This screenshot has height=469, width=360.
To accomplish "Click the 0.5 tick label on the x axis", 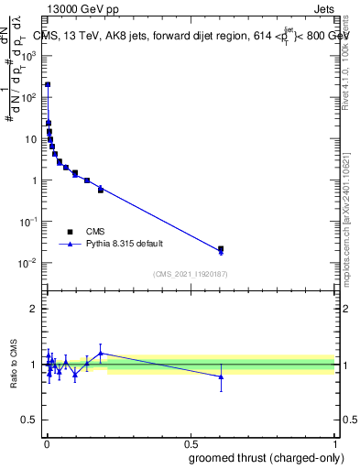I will [190, 443].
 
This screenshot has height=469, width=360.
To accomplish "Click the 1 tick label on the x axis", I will [334, 443].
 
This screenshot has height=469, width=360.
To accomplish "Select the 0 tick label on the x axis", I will [47, 443].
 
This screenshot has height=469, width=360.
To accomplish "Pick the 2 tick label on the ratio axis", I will [34, 309].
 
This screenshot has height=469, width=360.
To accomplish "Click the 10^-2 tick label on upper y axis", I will [27, 263].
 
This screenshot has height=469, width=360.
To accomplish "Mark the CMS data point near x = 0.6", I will [221, 248].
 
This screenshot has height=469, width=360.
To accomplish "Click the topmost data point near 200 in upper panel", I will [48, 84].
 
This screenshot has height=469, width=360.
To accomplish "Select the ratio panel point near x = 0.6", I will [221, 376].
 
